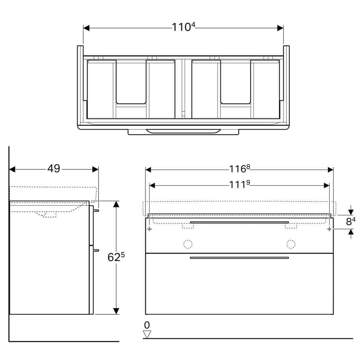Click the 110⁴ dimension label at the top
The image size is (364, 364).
183,27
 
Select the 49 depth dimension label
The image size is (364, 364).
54,168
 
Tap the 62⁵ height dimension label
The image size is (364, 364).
116,257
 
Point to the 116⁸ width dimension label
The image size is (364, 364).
239,169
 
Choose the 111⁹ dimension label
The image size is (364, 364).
239,184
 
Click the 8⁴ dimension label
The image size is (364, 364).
351,221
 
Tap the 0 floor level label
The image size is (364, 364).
147,325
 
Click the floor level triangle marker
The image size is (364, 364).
147,334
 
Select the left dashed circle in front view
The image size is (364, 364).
188,244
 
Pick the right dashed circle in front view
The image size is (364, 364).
291,244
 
